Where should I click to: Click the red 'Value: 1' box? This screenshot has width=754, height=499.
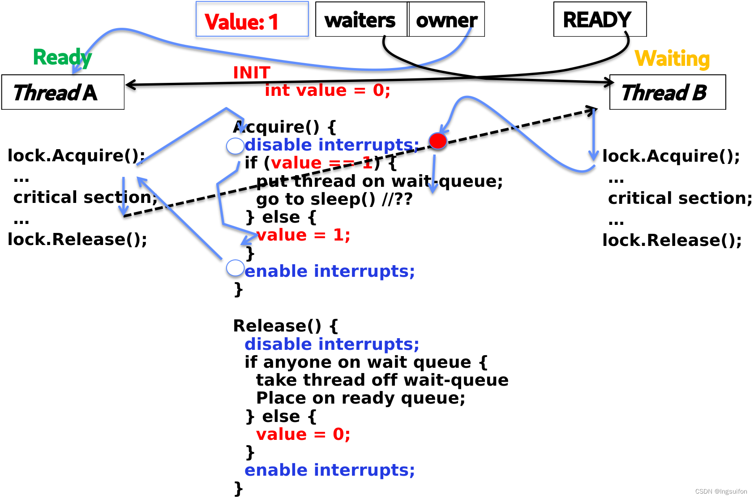(252, 19)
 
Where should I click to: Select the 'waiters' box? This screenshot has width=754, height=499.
(361, 19)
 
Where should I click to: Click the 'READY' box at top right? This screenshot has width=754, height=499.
(600, 19)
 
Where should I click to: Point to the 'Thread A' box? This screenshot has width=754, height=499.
(63, 92)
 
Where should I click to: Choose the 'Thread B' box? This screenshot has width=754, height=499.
(668, 92)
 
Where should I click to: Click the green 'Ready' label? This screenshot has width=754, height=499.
(62, 58)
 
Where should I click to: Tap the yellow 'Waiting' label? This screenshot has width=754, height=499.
(672, 59)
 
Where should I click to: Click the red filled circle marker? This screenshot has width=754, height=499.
(437, 141)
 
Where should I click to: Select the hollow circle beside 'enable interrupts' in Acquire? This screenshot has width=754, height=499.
(235, 268)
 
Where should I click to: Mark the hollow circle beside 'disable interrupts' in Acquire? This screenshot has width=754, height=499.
(235, 146)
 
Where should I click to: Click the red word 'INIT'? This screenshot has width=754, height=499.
(252, 73)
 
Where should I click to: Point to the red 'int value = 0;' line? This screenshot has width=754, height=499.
(327, 90)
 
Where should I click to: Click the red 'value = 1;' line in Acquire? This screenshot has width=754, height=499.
(303, 235)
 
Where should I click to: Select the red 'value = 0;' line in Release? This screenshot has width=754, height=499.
(303, 434)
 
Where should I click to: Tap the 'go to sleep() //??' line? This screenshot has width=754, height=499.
(334, 199)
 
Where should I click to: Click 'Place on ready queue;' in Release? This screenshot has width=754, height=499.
(360, 398)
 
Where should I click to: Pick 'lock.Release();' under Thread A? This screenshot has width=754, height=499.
(77, 239)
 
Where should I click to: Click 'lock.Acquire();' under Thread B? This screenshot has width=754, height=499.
(671, 156)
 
